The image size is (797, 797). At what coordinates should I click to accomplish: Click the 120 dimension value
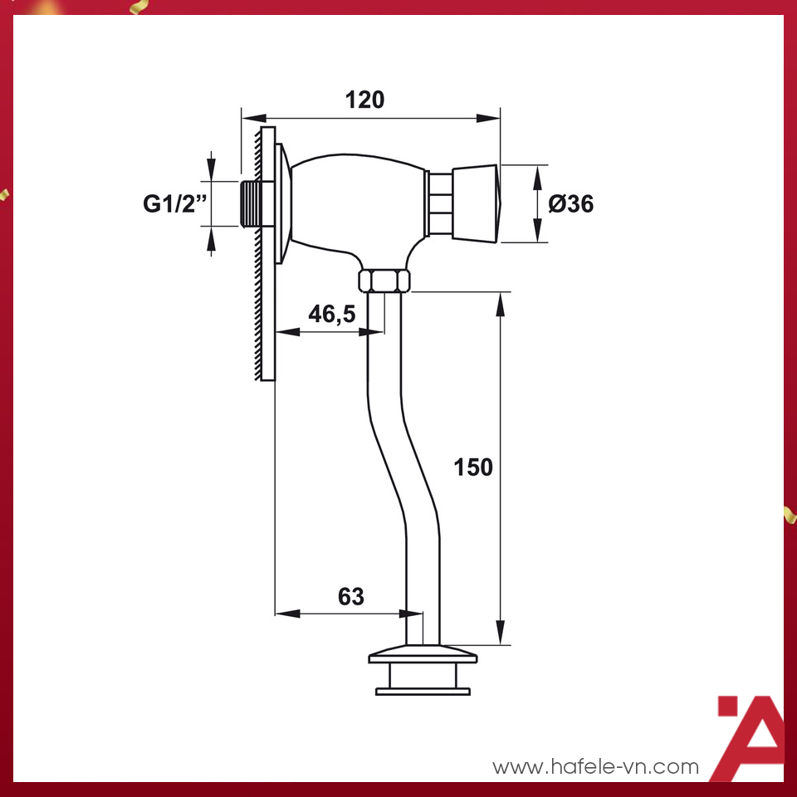365,100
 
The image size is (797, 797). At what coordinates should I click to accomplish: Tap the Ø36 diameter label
571,203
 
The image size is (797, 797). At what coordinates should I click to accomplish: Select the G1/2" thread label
174,203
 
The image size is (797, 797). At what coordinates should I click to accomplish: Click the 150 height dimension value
473,467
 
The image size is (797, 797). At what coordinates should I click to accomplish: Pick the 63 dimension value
351,596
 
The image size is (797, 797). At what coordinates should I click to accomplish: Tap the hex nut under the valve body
384,280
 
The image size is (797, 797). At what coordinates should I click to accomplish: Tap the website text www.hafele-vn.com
596,767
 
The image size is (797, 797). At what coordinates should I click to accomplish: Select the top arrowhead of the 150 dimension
501,303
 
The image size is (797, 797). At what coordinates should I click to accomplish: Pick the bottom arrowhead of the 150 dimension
501,633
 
